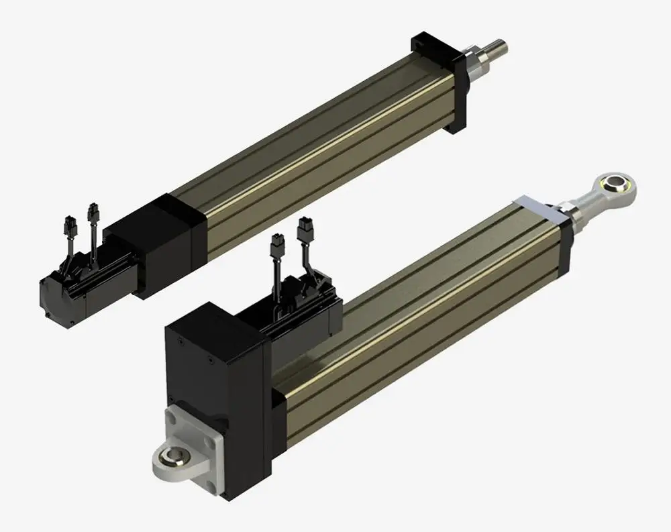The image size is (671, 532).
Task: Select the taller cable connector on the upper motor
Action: tap(92, 213)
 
